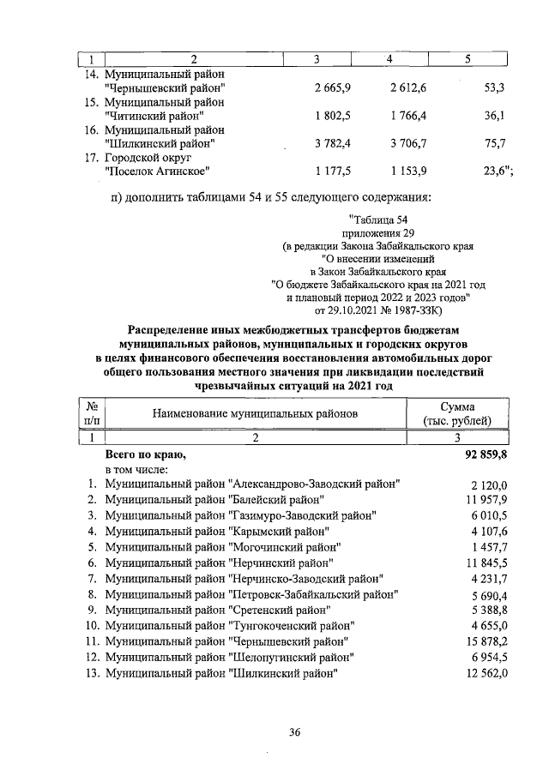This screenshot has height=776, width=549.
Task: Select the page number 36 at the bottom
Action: click(293, 731)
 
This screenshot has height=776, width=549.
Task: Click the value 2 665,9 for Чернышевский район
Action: click(334, 87)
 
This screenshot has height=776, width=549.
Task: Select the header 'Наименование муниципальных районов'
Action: click(254, 413)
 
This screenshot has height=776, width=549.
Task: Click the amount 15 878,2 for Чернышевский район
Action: click(486, 641)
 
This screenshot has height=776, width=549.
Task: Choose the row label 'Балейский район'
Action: click(214, 499)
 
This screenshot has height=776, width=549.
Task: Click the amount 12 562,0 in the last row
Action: click(486, 673)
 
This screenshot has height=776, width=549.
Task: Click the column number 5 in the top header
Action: click(468, 59)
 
